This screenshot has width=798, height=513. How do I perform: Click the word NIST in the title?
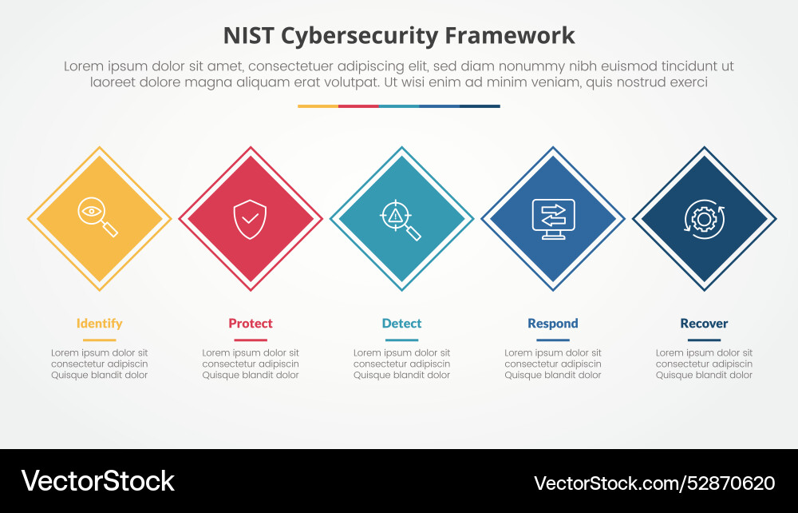click(x=248, y=36)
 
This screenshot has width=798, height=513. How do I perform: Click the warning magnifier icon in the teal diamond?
click(x=401, y=220)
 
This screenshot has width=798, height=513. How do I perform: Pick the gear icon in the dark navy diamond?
click(x=704, y=218)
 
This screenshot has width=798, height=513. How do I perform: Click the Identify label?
click(x=99, y=324)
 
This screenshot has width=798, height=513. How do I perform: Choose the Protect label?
click(x=251, y=324)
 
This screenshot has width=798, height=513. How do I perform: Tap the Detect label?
click(x=401, y=324)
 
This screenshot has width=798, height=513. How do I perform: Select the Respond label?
click(x=553, y=324)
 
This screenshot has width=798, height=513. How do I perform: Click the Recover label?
click(x=704, y=324)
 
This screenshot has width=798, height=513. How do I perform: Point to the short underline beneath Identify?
click(x=99, y=340)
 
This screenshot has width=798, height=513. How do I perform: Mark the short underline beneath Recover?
click(x=704, y=340)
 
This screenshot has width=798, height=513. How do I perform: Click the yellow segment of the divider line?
click(x=318, y=105)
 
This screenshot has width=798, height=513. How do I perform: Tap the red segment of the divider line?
click(x=358, y=105)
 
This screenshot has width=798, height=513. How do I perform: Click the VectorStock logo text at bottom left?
click(x=97, y=481)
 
